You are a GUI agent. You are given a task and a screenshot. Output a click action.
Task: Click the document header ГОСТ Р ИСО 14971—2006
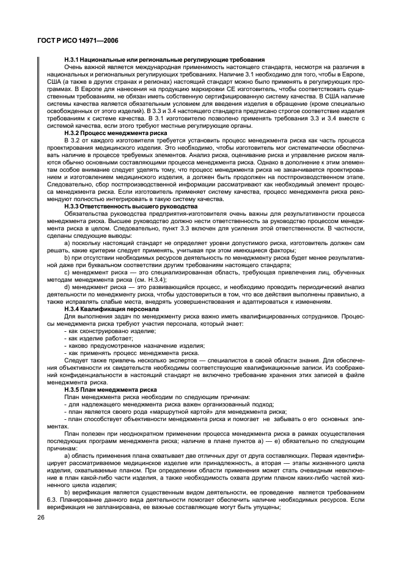[73, 40]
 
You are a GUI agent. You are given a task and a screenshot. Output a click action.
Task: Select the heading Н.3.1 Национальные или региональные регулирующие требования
[164, 59]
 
